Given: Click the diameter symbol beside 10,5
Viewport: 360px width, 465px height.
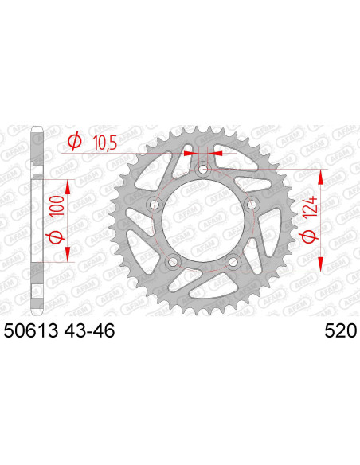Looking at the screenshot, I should (74, 142).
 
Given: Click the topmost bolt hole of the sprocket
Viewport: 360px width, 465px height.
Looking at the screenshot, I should (203, 169).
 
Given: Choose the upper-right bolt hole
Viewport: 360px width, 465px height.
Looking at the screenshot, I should (252, 205).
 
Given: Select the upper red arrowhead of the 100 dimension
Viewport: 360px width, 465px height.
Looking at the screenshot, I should (68, 186).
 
